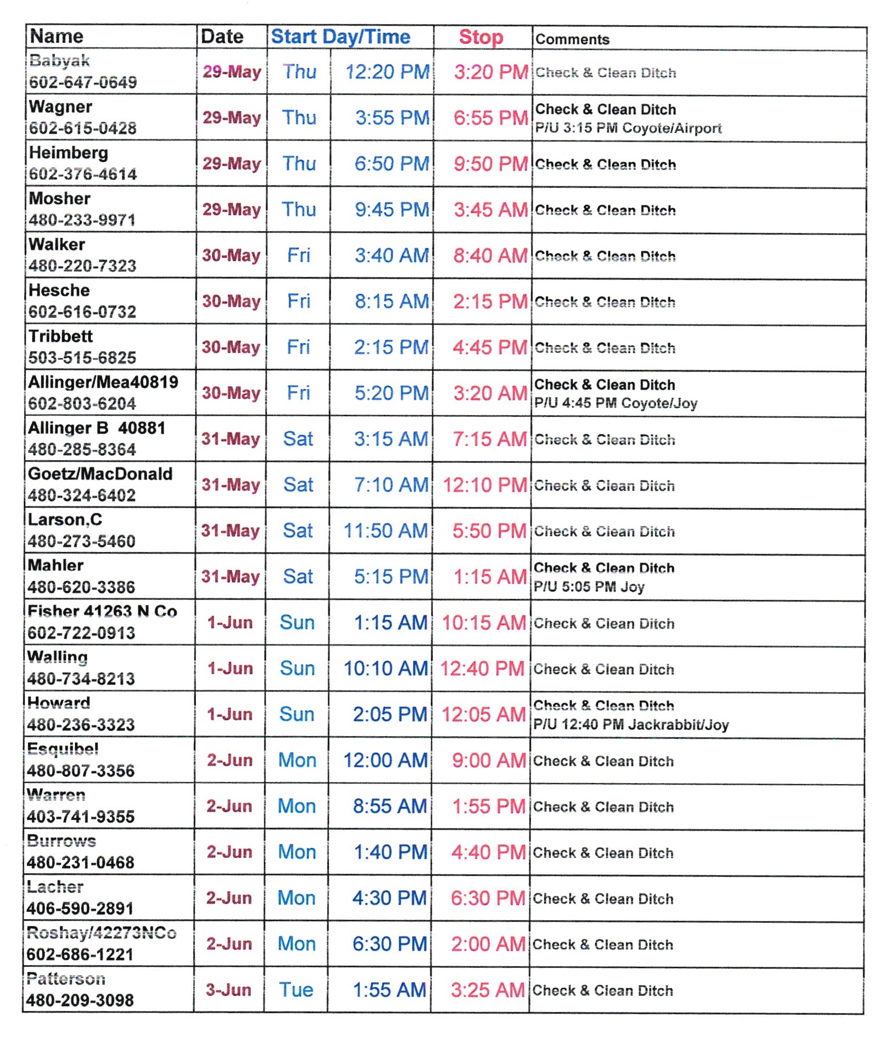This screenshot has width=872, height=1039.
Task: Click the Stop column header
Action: click(x=480, y=37)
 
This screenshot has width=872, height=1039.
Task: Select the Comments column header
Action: click(x=572, y=39)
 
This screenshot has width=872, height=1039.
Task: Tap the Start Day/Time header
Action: click(x=340, y=37)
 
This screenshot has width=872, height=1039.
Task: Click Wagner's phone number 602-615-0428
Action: click(x=83, y=128)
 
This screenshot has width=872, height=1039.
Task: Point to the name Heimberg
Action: click(x=69, y=152)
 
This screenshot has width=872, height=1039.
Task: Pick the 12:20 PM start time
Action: click(x=387, y=72)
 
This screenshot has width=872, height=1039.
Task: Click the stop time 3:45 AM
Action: click(x=490, y=209)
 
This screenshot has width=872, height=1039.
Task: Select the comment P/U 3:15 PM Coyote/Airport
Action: click(x=628, y=128)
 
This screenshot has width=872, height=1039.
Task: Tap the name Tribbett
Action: click(x=61, y=336)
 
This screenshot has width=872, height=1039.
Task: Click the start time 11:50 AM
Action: click(x=385, y=530)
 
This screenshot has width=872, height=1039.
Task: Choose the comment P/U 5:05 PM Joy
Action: click(x=589, y=586)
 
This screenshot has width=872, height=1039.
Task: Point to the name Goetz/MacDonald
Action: click(x=100, y=473)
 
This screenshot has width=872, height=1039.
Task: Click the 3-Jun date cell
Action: click(x=229, y=989)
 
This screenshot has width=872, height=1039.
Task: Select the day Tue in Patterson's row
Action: click(x=296, y=989)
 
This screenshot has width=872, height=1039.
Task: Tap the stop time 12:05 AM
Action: click(x=483, y=714)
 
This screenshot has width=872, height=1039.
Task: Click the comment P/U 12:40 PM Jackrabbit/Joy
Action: click(x=631, y=724)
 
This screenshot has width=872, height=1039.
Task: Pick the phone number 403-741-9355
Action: click(x=81, y=816)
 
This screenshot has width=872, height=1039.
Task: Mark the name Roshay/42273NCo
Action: click(x=101, y=932)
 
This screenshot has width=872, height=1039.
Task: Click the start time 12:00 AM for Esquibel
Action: click(x=385, y=760)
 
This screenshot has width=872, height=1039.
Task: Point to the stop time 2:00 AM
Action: click(x=488, y=943)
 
